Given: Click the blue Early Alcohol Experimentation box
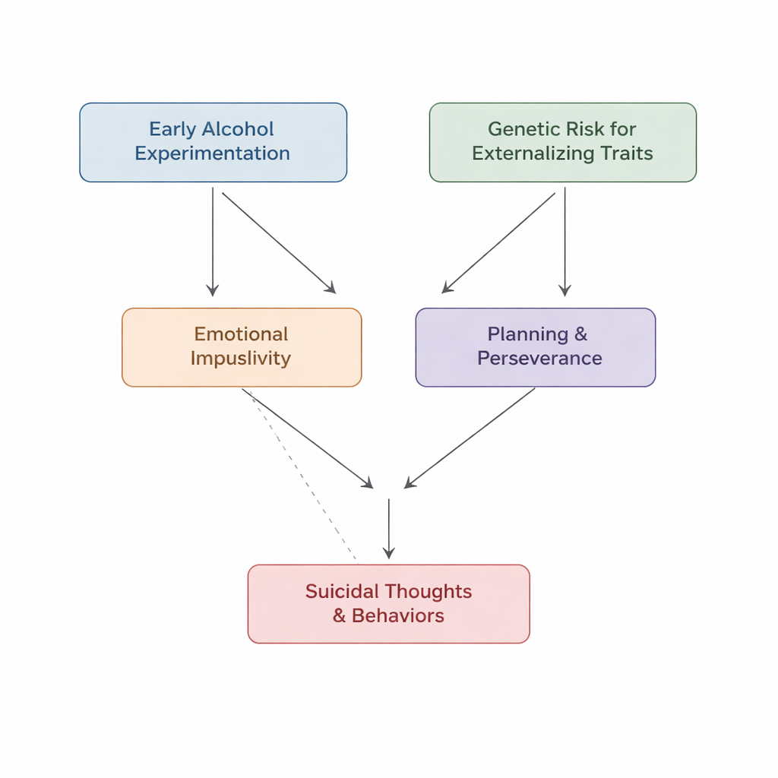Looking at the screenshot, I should (x=213, y=142).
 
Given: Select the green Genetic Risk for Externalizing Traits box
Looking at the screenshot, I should (x=562, y=142).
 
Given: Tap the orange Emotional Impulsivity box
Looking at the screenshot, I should (x=242, y=347).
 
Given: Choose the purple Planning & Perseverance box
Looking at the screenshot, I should (x=535, y=347).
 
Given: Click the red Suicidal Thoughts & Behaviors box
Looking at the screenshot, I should (x=388, y=604).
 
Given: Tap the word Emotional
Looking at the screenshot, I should (x=241, y=334).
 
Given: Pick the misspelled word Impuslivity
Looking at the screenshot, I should (x=241, y=359).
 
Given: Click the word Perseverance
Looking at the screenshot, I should (x=539, y=359).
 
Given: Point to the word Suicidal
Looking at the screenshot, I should (x=343, y=592).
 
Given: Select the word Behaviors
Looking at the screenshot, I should (x=397, y=616).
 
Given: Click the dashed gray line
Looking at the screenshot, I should (x=304, y=479).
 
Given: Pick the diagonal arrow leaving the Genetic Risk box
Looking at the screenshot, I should (x=499, y=242).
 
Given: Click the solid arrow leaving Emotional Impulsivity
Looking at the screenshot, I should (x=308, y=438).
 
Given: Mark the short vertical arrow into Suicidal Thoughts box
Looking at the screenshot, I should (x=389, y=529).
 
